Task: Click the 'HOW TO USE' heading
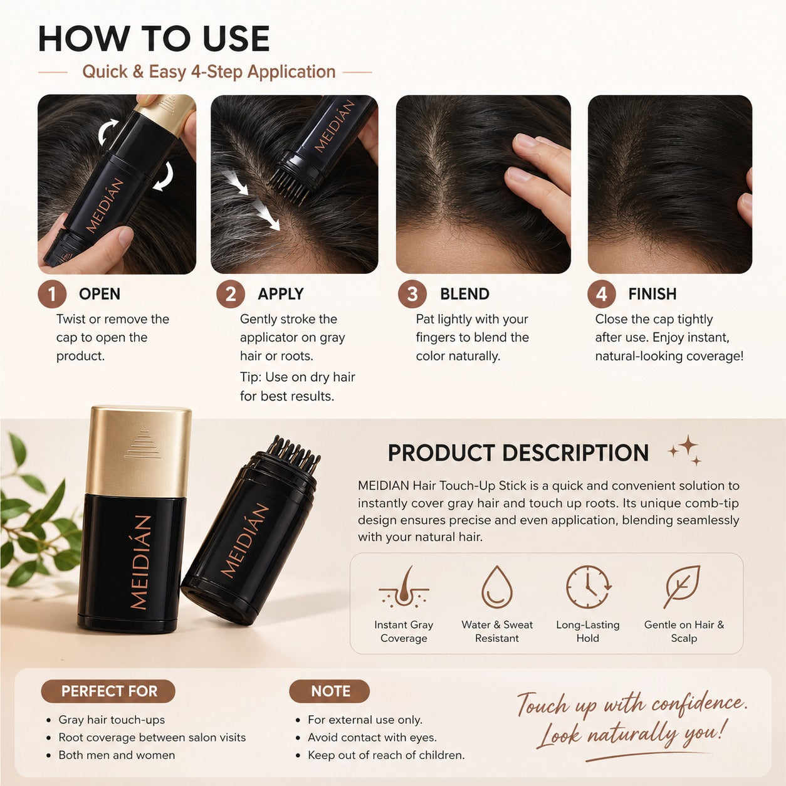point(154,39)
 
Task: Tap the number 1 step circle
point(52,294)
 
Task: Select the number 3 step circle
point(412,294)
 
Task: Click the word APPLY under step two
point(281,294)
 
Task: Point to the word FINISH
point(652,294)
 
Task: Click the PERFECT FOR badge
point(108,691)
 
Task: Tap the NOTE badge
point(330,691)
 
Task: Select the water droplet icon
point(497,587)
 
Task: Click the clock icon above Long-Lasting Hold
point(588,587)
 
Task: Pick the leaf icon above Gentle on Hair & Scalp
point(681,587)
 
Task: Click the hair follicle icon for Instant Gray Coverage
point(404,587)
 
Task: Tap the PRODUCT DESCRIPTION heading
point(518,453)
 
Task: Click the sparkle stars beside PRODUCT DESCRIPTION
point(685,450)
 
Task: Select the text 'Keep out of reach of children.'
point(386,755)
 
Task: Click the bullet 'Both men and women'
point(117,755)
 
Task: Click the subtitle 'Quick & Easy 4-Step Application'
point(209,72)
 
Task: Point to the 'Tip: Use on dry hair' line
point(297,377)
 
